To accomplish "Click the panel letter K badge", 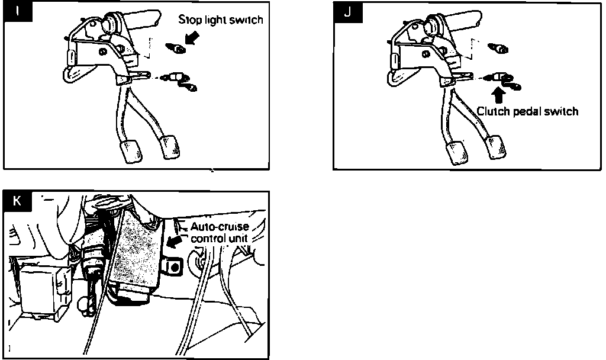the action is [x=18, y=201].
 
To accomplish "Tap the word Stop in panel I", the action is [x=188, y=20].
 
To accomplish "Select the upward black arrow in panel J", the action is [x=498, y=94].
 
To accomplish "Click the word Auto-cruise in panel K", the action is [x=219, y=227].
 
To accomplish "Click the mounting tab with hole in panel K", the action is [x=172, y=268].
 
